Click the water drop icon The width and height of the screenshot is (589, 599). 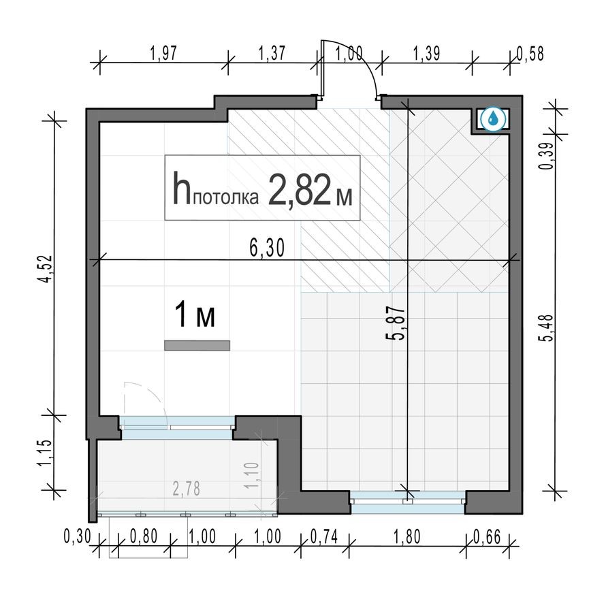tap(493, 119)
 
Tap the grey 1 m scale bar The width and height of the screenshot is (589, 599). tap(197, 346)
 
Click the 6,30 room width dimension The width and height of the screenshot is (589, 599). tap(268, 249)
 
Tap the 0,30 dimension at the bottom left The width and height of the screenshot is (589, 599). tap(77, 536)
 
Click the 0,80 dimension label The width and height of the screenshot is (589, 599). tap(144, 536)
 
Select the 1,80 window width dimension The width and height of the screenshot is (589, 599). tap(407, 536)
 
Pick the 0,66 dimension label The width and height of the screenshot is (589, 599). tap(486, 536)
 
